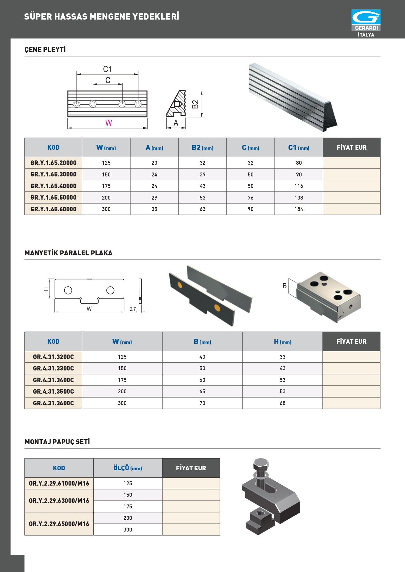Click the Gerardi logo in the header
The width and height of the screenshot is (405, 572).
click(x=366, y=20)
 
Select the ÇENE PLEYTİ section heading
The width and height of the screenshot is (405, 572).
click(x=45, y=50)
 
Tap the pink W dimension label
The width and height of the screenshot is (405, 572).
click(x=109, y=123)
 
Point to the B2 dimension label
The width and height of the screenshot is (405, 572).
click(x=195, y=104)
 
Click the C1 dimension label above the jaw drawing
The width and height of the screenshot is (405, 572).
click(x=107, y=69)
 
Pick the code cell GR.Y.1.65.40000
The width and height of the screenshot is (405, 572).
click(x=53, y=186)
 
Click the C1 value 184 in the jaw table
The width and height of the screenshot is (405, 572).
click(x=299, y=209)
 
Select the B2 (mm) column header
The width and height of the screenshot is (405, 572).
click(x=202, y=148)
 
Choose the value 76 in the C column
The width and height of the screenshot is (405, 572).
click(x=250, y=198)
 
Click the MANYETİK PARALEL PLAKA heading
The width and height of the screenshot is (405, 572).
click(x=69, y=253)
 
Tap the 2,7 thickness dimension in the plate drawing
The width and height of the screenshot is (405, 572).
click(x=133, y=309)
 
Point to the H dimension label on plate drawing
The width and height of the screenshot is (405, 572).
click(x=46, y=289)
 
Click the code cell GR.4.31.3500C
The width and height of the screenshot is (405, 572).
click(x=53, y=391)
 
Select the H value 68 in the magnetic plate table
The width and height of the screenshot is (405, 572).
click(x=282, y=403)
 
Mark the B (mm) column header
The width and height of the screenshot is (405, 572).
click(x=202, y=342)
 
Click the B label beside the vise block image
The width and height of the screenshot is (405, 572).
click(x=285, y=286)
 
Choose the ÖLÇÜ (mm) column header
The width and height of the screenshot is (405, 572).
click(x=128, y=468)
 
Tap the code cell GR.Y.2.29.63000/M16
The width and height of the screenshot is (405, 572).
click(x=59, y=501)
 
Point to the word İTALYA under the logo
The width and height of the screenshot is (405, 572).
click(x=366, y=35)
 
